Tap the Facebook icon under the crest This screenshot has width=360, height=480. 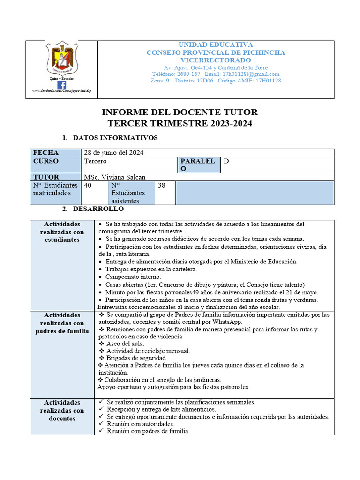pos(62,84)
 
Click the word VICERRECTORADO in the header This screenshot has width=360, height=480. pos(216,60)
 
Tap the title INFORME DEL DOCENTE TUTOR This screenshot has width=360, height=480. pos(180,112)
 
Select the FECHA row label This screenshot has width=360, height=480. pos(46,153)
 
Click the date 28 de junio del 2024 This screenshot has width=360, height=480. pos(114,153)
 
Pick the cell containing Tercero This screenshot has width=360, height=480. pos(96,161)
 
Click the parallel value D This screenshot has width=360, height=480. pos(226,161)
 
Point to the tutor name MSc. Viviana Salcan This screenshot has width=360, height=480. pos(115,177)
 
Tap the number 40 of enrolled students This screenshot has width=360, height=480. pos(88,185)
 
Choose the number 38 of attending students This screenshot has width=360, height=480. pos(162,185)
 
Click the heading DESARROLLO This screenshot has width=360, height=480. pos(98,209)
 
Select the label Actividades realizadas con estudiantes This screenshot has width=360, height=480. pos(62,232)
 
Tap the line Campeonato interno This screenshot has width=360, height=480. pos(127,277)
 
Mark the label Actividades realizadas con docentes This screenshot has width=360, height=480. pos(62,410)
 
